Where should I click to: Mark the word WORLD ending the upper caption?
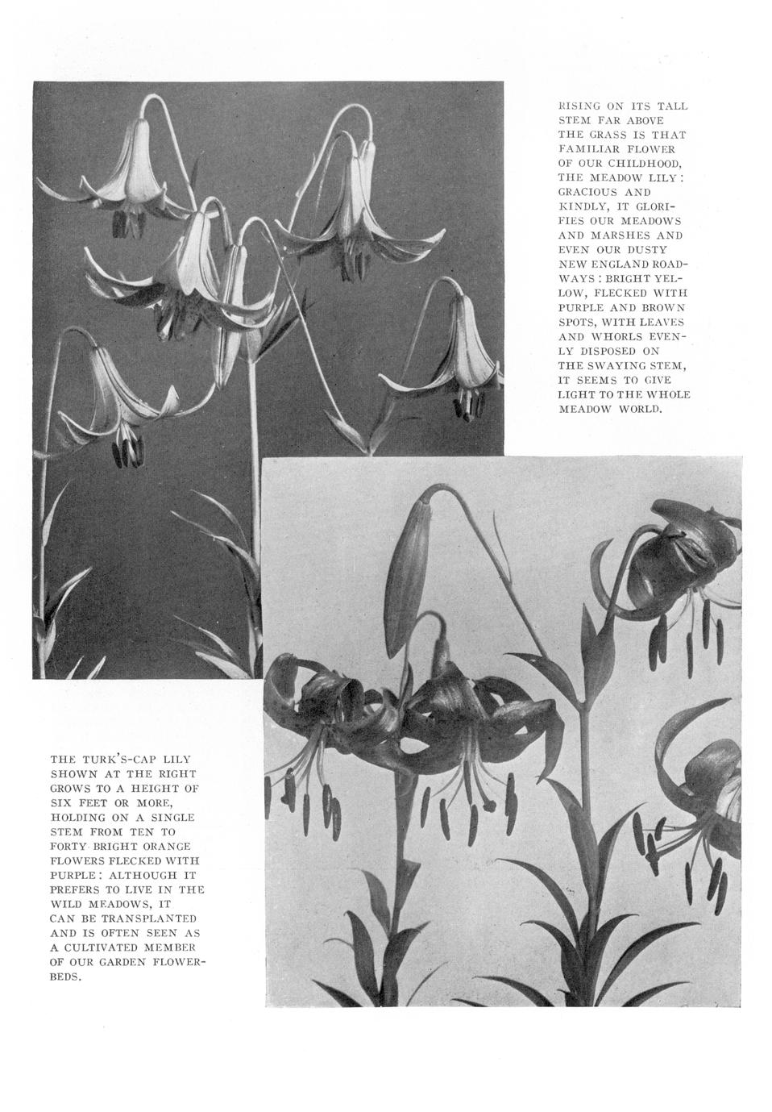click(640, 409)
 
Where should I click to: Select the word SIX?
click(60, 802)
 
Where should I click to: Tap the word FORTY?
click(68, 846)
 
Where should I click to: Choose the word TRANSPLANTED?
click(145, 918)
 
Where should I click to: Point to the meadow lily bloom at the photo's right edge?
click(460, 351)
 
